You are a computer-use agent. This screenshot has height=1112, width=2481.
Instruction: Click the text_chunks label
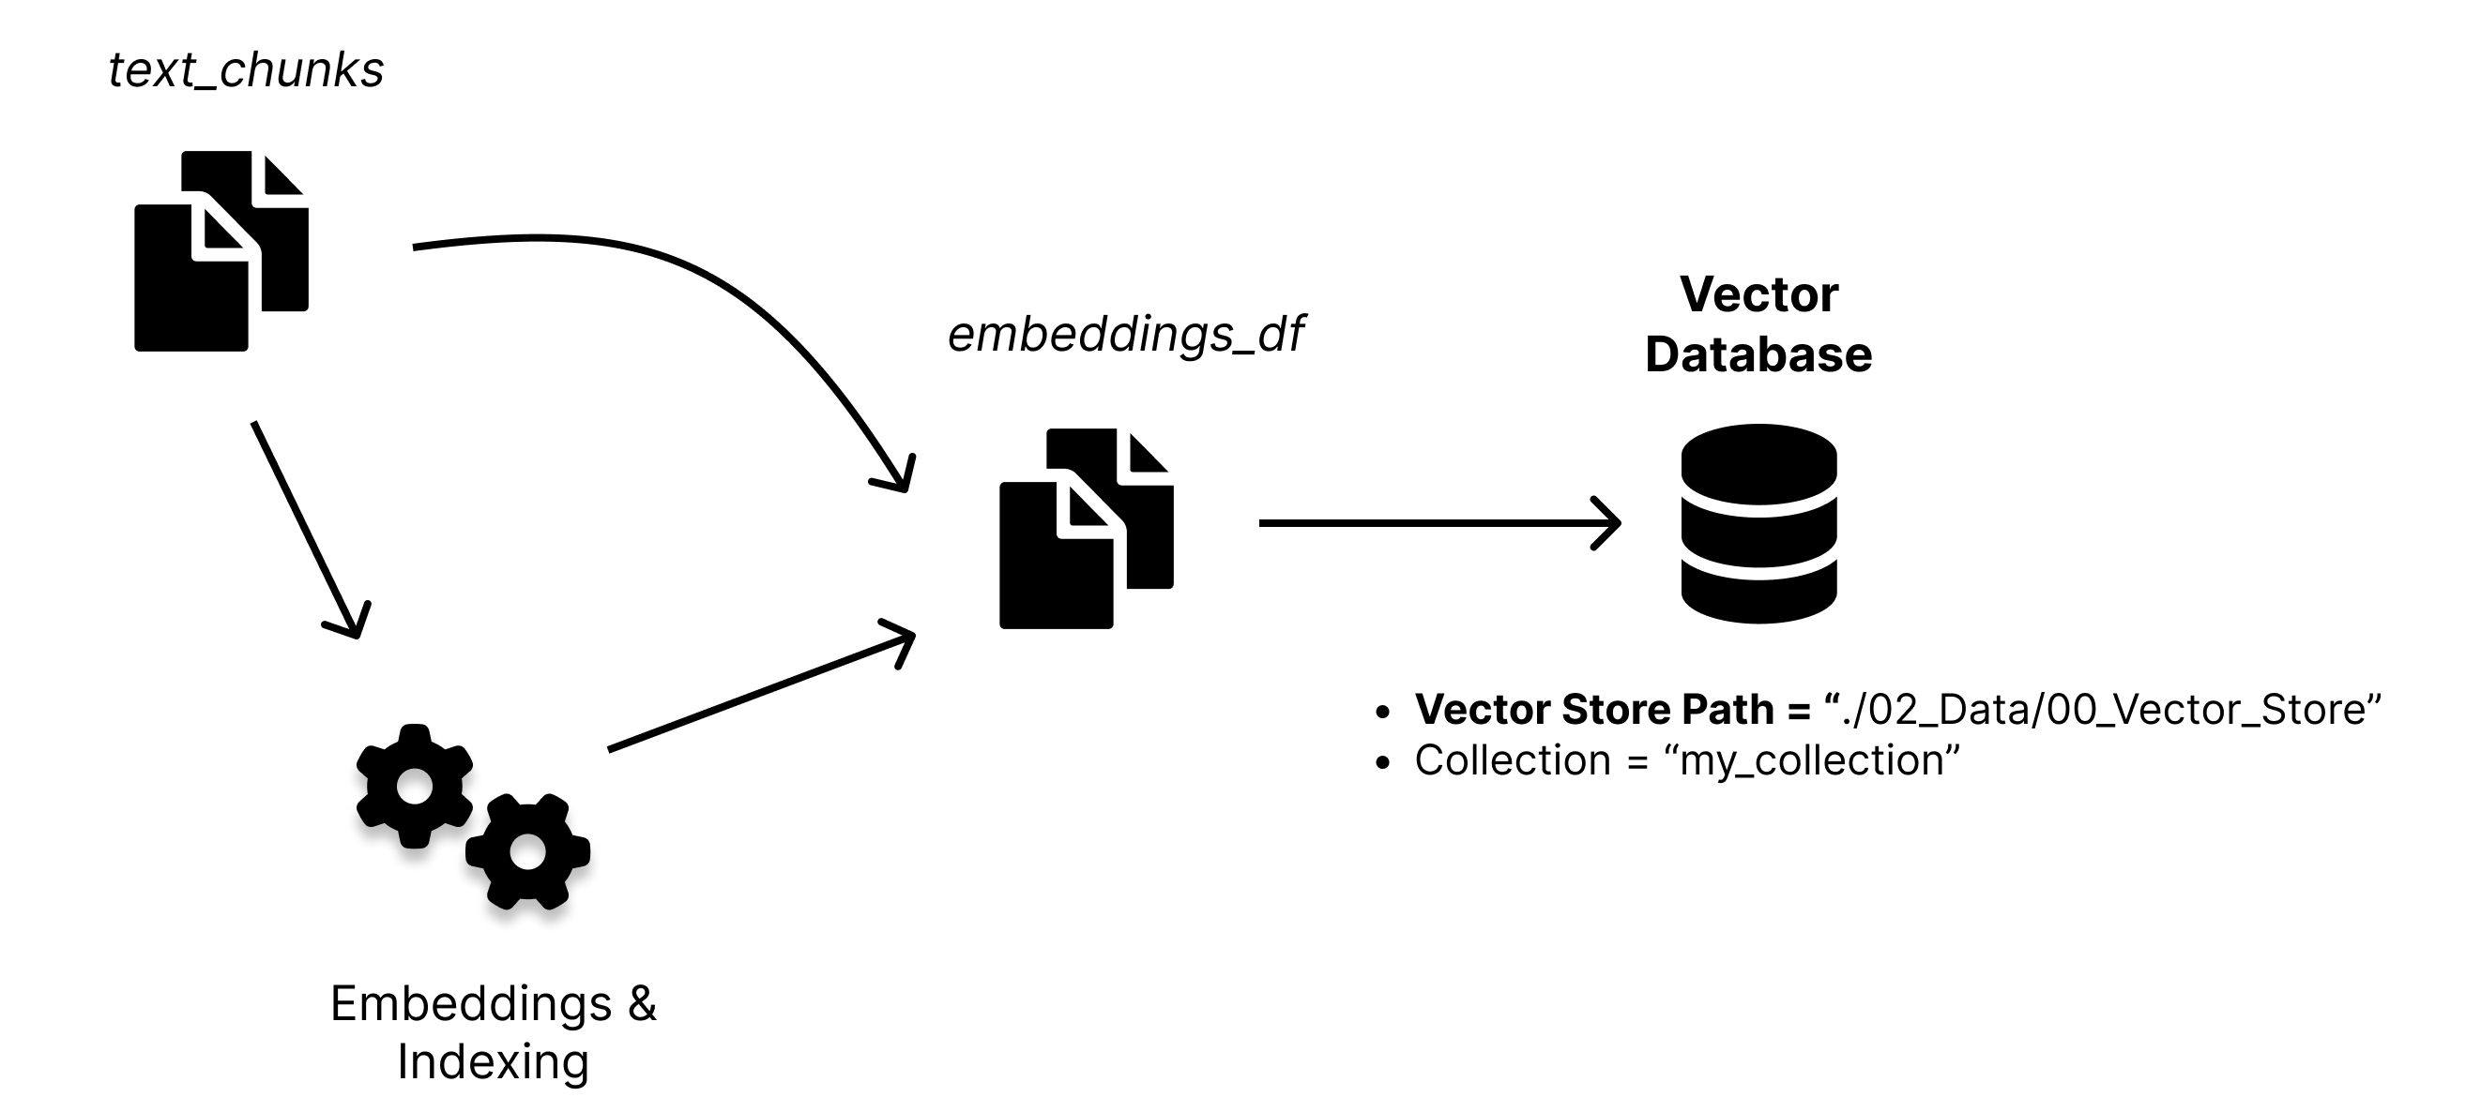246,70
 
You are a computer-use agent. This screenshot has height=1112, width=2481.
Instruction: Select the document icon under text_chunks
221,251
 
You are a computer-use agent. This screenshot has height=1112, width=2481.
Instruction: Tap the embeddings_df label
1125,334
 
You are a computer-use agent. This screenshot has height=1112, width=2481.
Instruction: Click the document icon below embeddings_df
1086,529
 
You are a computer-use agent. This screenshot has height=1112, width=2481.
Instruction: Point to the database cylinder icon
1758,524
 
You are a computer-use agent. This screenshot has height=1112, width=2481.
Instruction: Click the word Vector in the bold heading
1758,294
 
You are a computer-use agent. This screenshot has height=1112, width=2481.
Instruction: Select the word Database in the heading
1758,354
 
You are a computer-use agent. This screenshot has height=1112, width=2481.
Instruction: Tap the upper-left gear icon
414,786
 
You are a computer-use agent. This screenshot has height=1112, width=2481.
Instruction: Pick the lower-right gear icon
527,852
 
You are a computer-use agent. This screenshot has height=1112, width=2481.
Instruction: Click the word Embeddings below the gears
471,1003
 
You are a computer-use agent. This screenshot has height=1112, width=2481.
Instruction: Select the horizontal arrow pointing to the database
1438,523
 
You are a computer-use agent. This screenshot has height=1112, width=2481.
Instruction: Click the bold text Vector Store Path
1594,710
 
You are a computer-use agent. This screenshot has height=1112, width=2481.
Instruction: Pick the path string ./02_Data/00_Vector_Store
2104,710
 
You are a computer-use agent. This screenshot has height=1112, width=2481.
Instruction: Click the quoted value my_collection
1812,760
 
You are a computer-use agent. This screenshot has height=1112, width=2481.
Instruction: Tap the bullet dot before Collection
1383,763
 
